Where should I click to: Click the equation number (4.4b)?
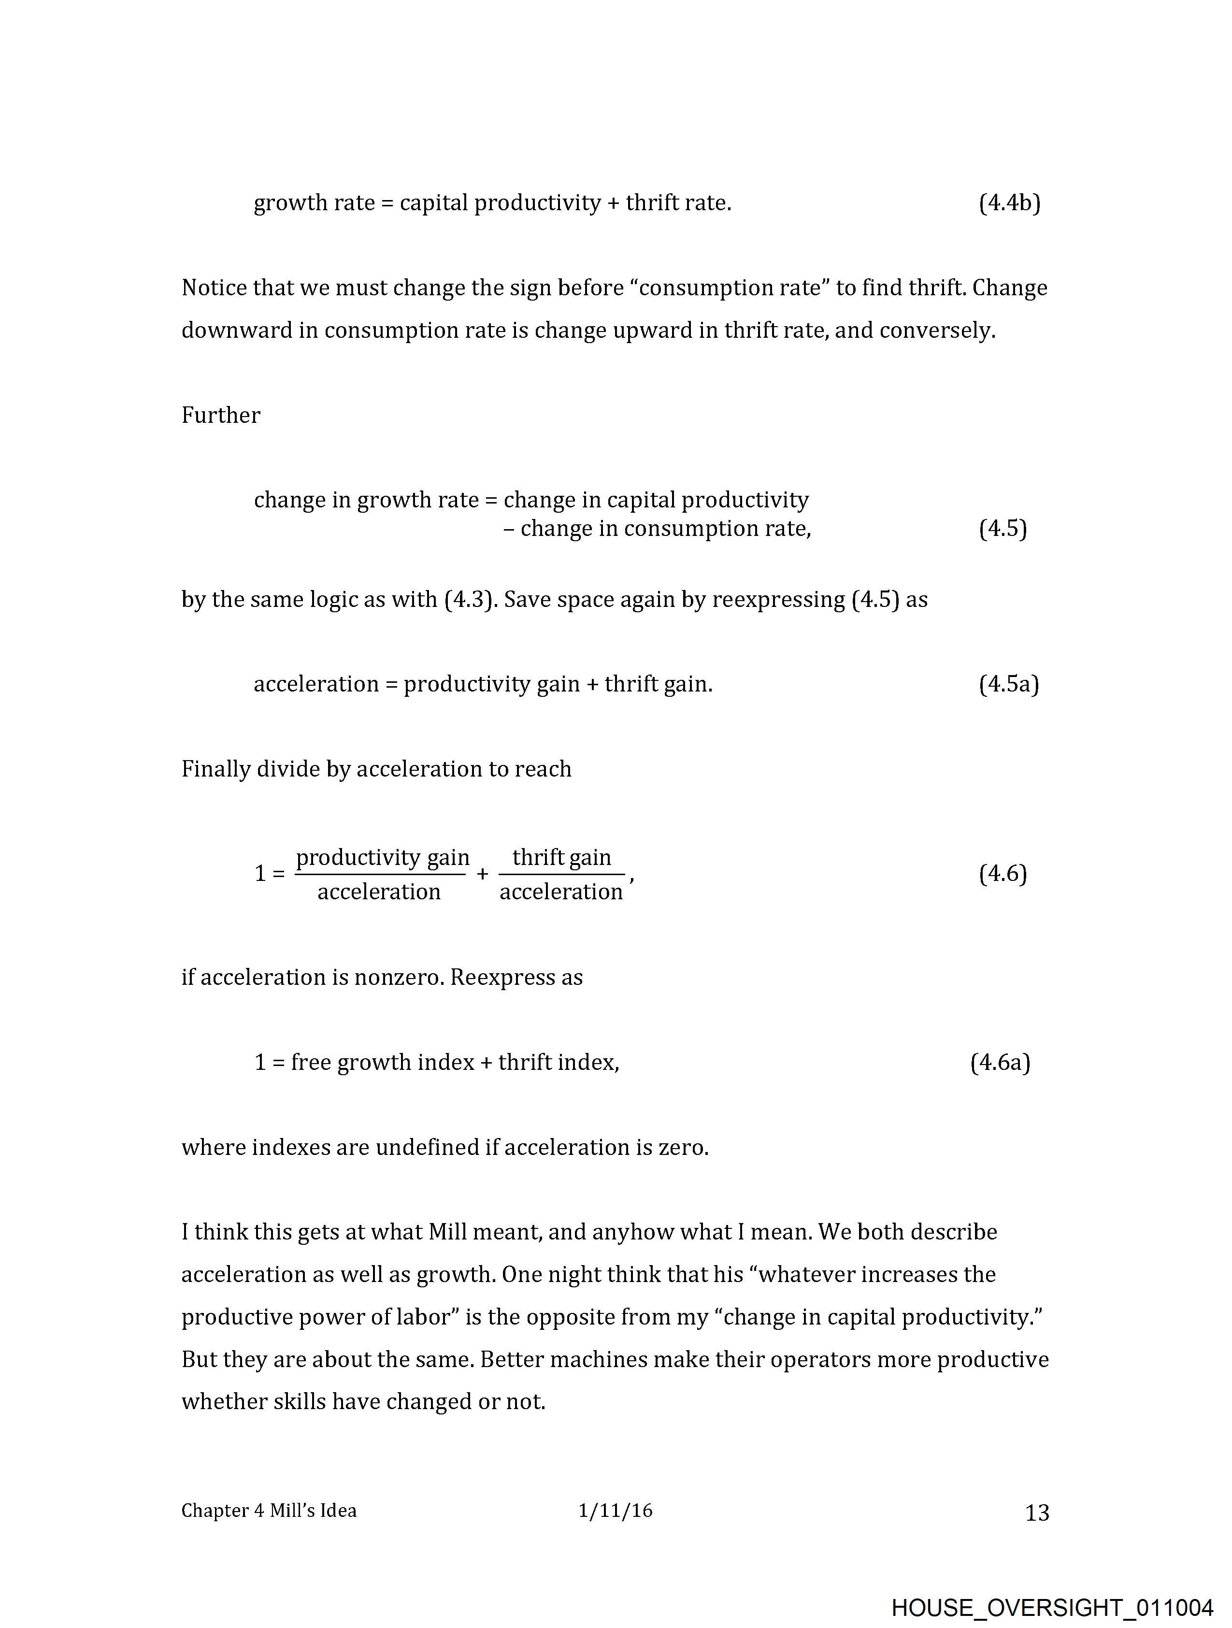point(1009,203)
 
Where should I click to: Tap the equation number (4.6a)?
point(1000,1063)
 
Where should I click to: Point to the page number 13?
point(1036,1513)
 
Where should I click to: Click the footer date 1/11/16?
point(615,1511)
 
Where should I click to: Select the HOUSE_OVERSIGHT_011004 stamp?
point(1052,1607)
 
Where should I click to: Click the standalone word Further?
point(221,416)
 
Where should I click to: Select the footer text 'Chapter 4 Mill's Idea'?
point(269,1511)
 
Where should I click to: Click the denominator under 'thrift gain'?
point(561,892)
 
